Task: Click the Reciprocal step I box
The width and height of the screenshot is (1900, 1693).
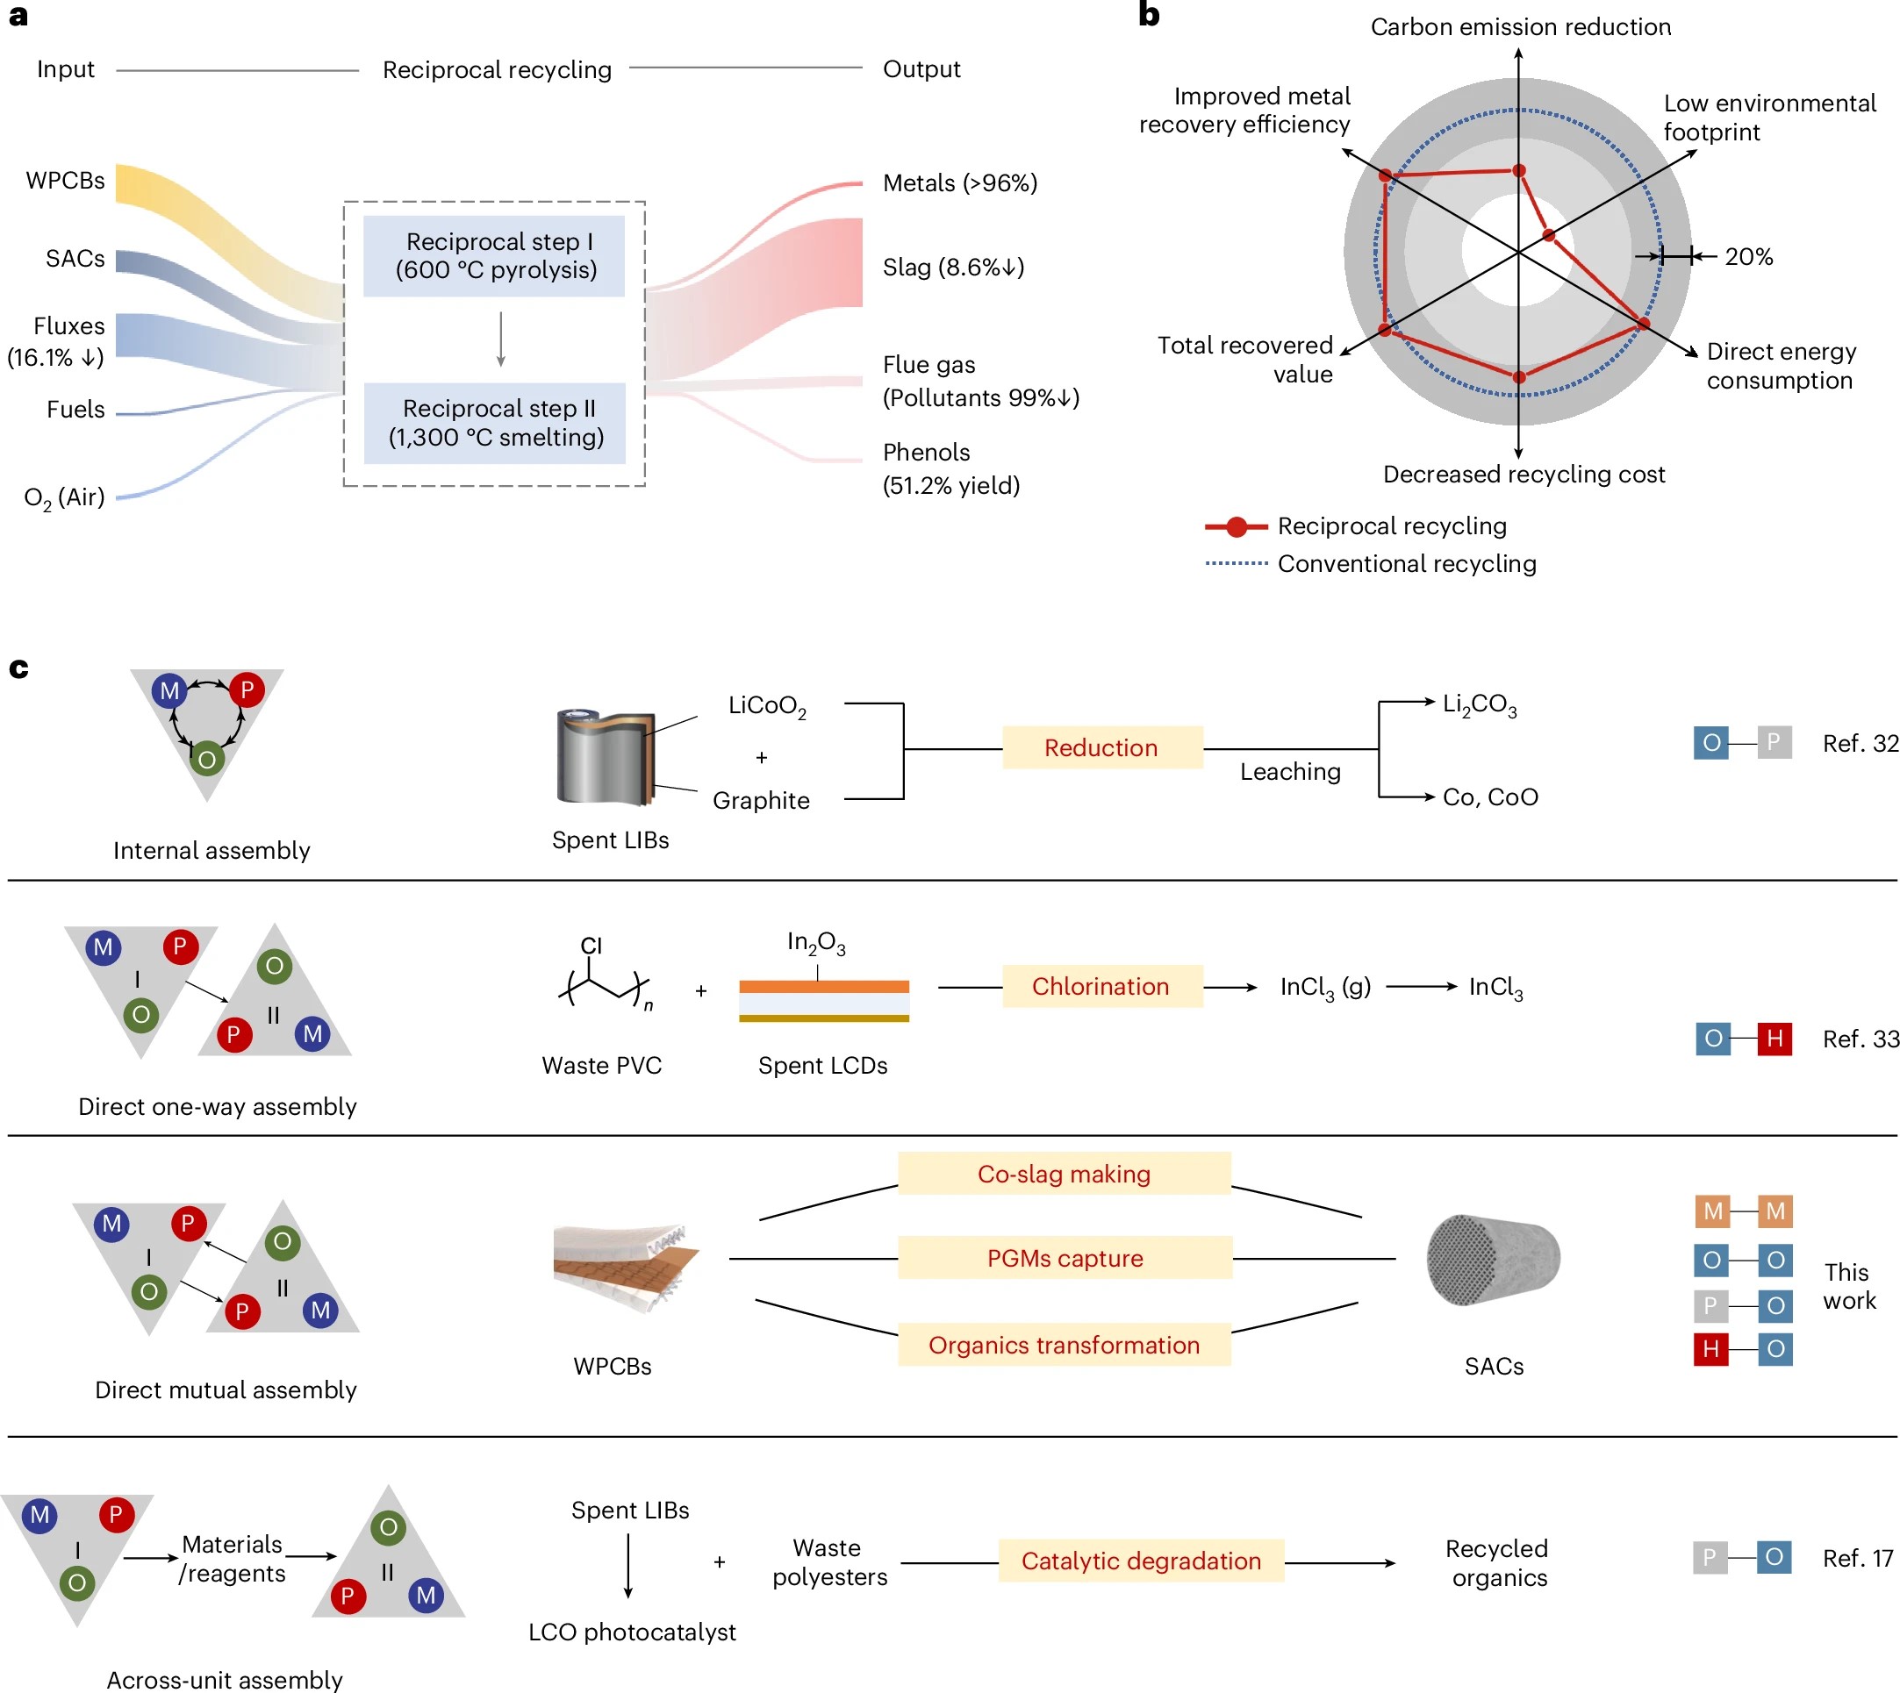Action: pos(494,256)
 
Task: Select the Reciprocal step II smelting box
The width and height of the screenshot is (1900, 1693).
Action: pos(494,423)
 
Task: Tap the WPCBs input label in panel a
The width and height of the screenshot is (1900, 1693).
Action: pos(65,181)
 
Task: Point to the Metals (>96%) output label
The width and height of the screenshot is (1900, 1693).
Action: pos(959,183)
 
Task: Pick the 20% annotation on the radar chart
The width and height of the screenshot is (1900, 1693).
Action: pos(1747,257)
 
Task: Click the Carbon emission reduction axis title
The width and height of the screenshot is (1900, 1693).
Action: pos(1519,27)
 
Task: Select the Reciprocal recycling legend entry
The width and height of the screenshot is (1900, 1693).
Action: pos(1390,526)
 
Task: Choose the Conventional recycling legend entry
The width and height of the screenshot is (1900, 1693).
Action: pos(1405,564)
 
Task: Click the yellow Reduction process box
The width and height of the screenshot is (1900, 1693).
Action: pos(1101,748)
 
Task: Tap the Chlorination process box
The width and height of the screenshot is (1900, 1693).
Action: pos(1101,986)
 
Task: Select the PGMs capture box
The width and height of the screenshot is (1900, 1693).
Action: pos(1065,1258)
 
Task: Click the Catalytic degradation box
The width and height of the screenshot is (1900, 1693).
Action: pos(1141,1561)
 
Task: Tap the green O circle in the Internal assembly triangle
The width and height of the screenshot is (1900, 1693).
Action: pos(206,759)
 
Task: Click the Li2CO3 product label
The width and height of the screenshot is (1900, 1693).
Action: pos(1479,705)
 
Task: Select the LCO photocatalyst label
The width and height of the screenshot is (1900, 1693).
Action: pos(632,1632)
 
